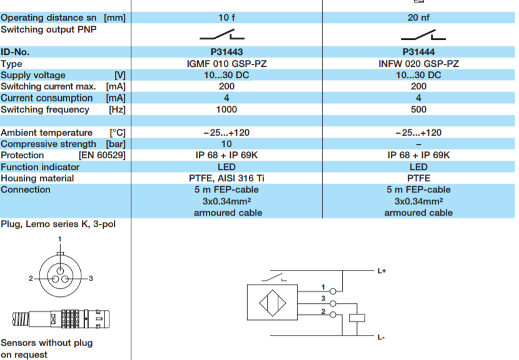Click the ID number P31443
click(226, 52)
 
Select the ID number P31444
click(418, 52)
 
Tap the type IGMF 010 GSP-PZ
click(226, 64)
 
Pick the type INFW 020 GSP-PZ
click(418, 64)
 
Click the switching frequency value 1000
click(226, 109)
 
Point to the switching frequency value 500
click(418, 109)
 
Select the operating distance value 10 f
click(226, 18)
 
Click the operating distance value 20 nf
click(418, 18)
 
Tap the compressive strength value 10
click(226, 144)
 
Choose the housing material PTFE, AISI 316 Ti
click(226, 178)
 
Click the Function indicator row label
click(40, 167)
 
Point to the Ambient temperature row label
click(47, 132)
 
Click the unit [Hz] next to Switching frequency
click(117, 109)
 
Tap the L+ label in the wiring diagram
click(381, 271)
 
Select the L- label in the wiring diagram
click(381, 337)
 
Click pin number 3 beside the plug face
click(91, 278)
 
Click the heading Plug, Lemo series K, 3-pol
click(58, 224)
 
